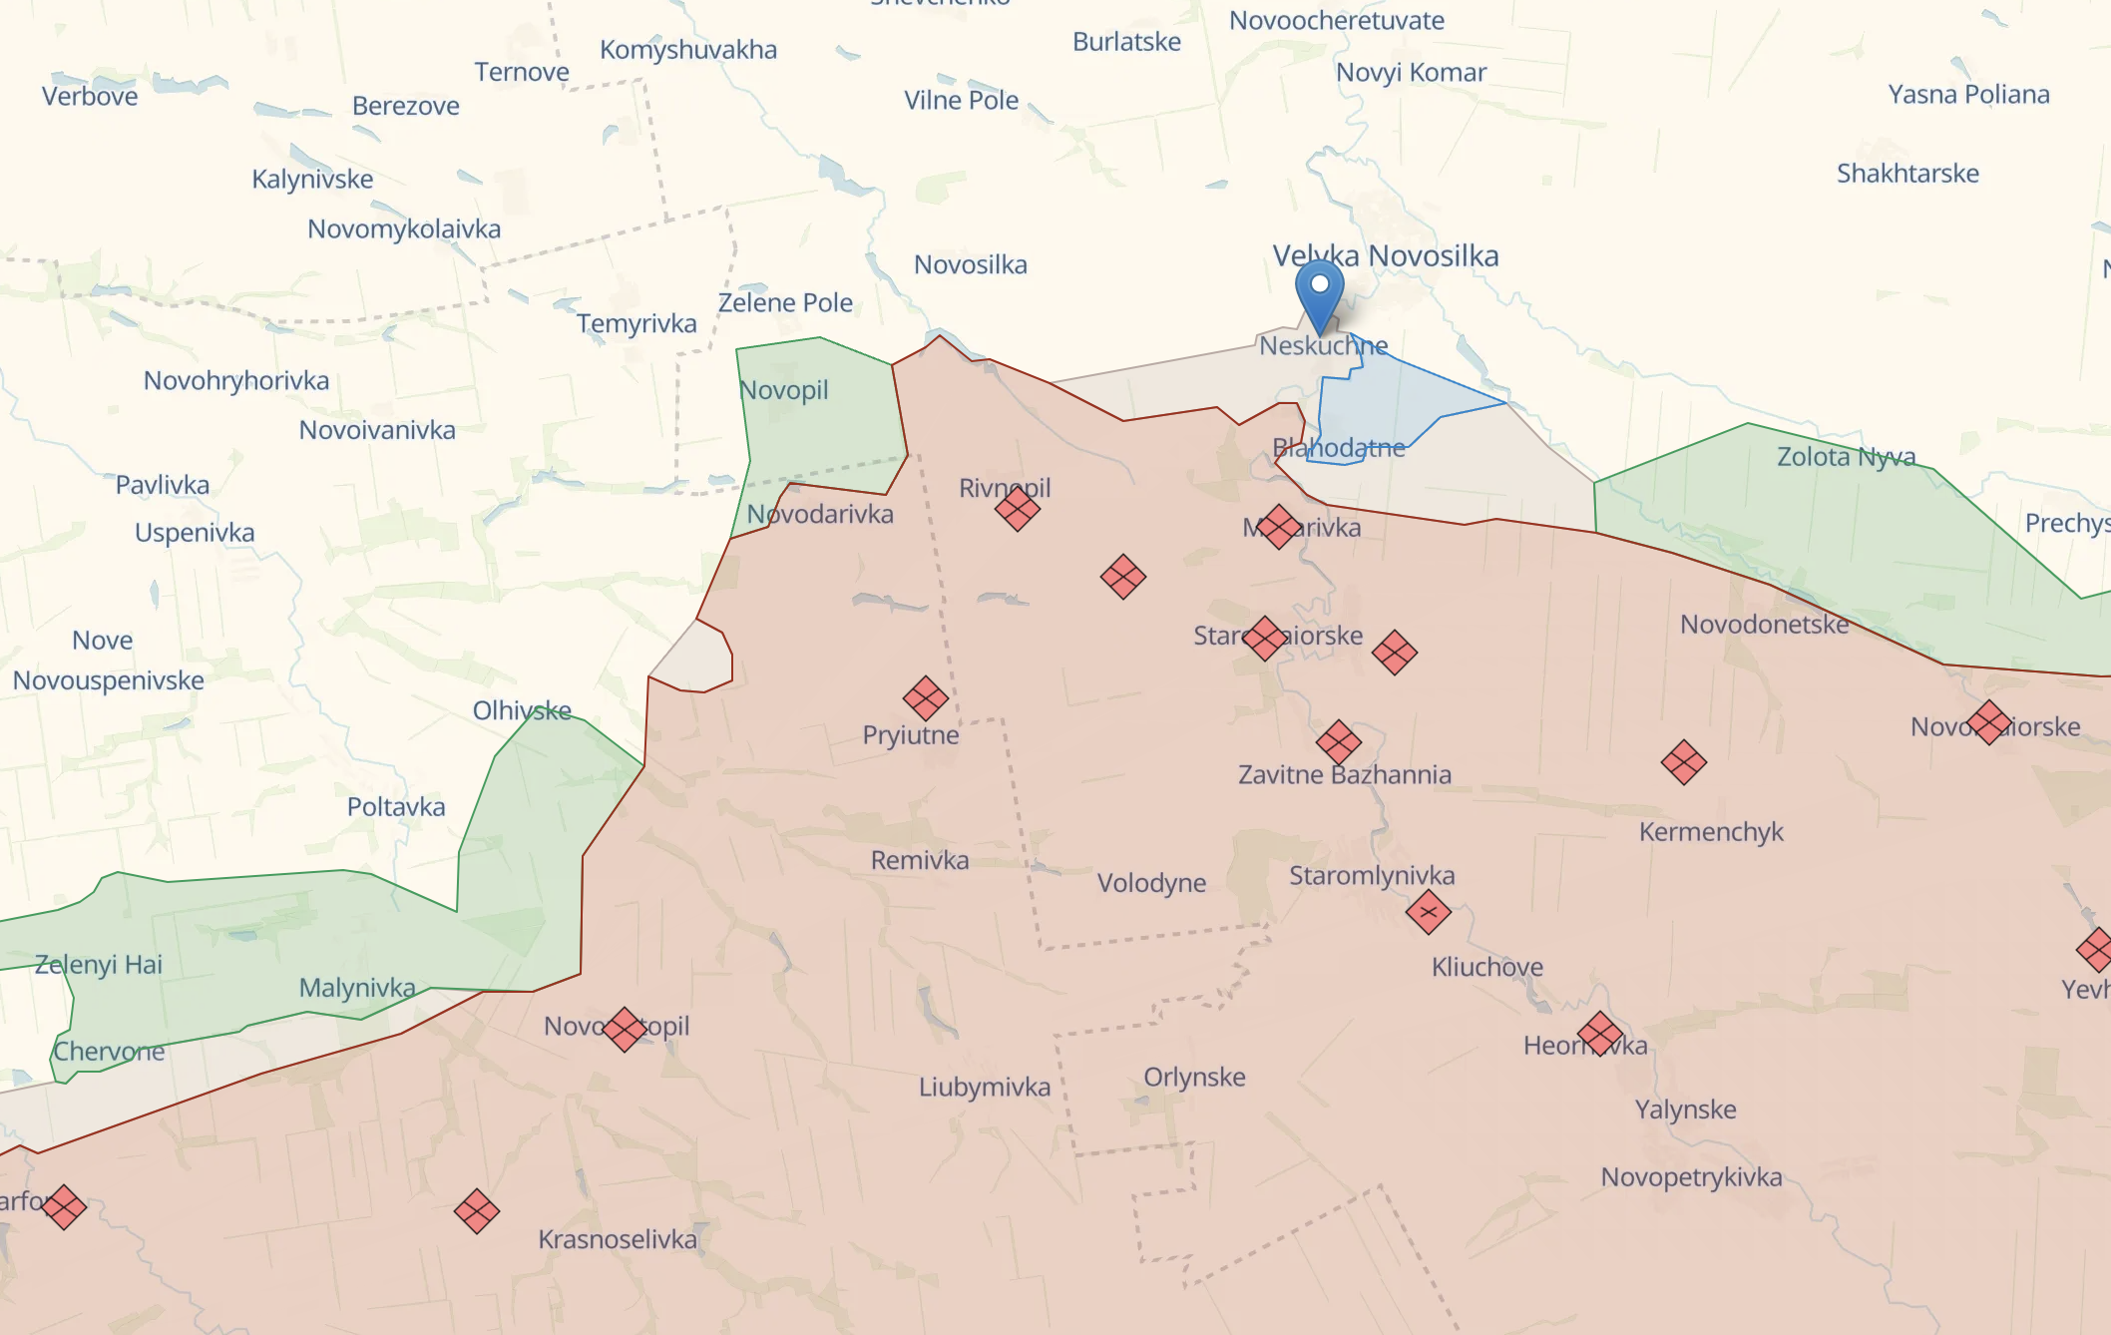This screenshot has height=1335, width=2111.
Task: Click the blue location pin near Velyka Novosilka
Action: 1319,290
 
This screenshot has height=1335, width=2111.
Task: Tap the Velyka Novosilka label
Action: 1386,256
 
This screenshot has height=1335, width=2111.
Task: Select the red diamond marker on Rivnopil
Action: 1018,509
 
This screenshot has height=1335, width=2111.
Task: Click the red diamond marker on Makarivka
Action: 1279,527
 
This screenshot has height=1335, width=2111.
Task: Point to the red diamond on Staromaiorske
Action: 1265,638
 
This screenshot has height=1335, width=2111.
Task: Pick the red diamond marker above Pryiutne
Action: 926,698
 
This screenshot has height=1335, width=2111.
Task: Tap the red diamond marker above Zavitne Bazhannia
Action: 1339,741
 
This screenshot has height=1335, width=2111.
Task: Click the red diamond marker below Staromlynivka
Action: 1429,912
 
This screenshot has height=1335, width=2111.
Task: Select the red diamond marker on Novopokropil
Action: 626,1029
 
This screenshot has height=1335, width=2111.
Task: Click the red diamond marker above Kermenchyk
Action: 1684,762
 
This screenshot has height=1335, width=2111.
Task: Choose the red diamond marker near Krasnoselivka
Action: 477,1211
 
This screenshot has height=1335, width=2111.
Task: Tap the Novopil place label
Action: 784,390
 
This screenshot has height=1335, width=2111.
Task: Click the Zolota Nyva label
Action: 1846,457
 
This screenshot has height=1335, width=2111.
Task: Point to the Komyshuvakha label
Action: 688,50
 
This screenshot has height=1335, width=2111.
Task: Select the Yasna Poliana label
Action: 1968,95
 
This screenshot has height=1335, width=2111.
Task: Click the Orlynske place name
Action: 1194,1078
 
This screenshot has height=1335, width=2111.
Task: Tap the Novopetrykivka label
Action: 1691,1177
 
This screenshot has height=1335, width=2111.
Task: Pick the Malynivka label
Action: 357,988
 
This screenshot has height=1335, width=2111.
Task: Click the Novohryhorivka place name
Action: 236,381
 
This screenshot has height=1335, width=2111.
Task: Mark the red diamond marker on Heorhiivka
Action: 1600,1034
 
